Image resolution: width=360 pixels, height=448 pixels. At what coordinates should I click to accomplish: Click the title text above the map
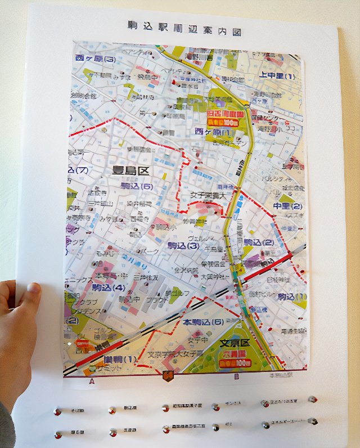(x=184, y=26)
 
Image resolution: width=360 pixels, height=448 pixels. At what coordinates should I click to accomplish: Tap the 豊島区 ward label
(x=131, y=169)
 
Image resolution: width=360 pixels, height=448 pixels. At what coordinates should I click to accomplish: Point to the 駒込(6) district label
(x=137, y=186)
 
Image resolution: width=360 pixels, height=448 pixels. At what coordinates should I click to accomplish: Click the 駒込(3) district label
(x=183, y=245)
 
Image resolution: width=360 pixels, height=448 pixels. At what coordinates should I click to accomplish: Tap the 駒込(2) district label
(x=258, y=243)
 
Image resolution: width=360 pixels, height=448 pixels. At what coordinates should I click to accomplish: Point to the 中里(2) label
(x=288, y=206)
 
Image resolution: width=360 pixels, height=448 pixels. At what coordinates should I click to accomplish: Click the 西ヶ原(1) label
(x=214, y=131)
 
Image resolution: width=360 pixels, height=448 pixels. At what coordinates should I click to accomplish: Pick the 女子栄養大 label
(x=208, y=195)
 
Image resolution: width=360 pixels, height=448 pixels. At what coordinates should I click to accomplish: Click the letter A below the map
(x=91, y=381)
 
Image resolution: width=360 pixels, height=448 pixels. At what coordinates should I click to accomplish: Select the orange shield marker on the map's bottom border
(x=167, y=376)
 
